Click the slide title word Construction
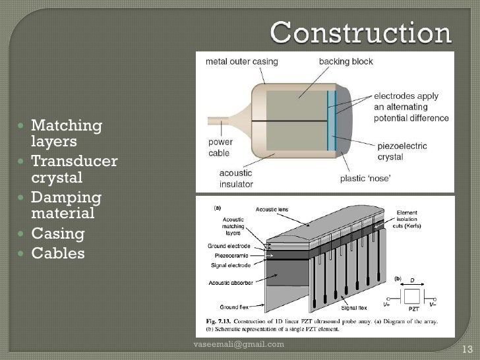click(360, 32)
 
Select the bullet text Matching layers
click(66, 133)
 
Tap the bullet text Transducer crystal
click(73, 169)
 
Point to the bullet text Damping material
click(66, 205)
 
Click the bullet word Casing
click(58, 233)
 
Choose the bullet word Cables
click(58, 253)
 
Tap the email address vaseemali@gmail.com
click(238, 344)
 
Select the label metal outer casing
click(242, 62)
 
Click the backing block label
click(345, 62)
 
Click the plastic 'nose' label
click(365, 178)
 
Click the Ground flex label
click(238, 307)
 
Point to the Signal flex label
click(354, 307)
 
